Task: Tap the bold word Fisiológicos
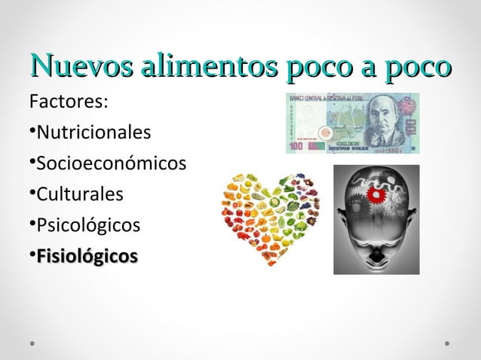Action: (x=87, y=256)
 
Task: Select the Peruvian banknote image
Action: (x=352, y=123)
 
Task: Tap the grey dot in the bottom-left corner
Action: (x=32, y=342)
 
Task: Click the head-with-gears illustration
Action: (x=376, y=219)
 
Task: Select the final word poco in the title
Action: (x=418, y=66)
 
